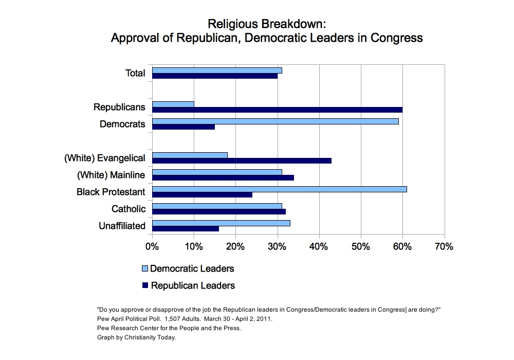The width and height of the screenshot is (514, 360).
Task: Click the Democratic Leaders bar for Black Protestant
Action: pyautogui.click(x=280, y=189)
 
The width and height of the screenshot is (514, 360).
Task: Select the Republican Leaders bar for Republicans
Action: pyautogui.click(x=278, y=110)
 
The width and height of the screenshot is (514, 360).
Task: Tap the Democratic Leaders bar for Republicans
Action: pyautogui.click(x=173, y=104)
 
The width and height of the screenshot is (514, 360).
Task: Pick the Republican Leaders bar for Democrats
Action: pyautogui.click(x=183, y=127)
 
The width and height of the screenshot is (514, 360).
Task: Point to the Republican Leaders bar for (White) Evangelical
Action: pyautogui.click(x=242, y=160)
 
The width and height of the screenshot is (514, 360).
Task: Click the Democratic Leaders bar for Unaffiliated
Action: pyautogui.click(x=222, y=223)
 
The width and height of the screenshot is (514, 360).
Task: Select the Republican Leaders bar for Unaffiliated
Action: pyautogui.click(x=186, y=228)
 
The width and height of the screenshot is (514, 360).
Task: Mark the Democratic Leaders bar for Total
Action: pyautogui.click(x=217, y=70)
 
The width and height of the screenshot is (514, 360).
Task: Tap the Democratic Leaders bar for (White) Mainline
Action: pyautogui.click(x=217, y=172)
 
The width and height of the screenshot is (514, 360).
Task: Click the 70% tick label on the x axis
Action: pyautogui.click(x=444, y=247)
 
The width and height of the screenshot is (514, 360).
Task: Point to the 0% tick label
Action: pyautogui.click(x=152, y=247)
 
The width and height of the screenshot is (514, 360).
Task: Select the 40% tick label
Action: pyautogui.click(x=319, y=247)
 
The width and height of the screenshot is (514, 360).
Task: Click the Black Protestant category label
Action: pyautogui.click(x=111, y=192)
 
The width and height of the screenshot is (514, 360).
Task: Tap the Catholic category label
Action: pyautogui.click(x=128, y=209)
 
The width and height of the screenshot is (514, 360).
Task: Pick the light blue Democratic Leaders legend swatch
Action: pyautogui.click(x=145, y=269)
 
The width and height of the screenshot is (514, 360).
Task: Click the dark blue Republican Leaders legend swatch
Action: pyautogui.click(x=145, y=285)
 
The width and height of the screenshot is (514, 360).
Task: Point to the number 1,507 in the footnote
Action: pyautogui.click(x=176, y=319)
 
